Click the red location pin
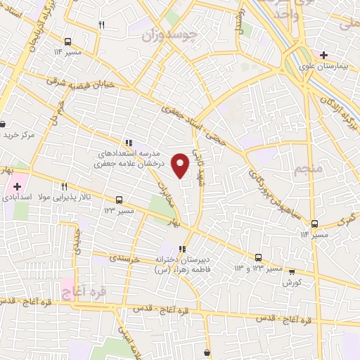pos(181,165)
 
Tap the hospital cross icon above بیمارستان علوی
pos(323,54)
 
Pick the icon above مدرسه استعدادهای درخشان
pos(129,141)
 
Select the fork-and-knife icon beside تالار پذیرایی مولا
pos(64,186)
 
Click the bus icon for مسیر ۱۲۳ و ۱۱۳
pos(259,257)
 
